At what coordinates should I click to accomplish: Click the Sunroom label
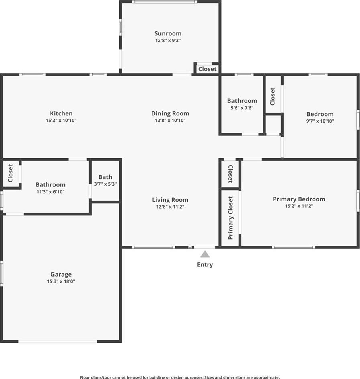click(x=168, y=33)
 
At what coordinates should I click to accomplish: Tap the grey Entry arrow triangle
click(x=205, y=254)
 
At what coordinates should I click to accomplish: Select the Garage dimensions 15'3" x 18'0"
click(x=61, y=281)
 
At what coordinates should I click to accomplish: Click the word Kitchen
click(x=61, y=113)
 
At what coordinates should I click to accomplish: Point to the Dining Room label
click(x=170, y=113)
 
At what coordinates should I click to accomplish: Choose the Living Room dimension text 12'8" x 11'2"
click(x=170, y=207)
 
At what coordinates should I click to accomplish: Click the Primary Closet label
click(x=230, y=217)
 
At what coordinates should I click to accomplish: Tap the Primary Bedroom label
click(x=299, y=199)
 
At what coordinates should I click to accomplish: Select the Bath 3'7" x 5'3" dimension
click(x=105, y=184)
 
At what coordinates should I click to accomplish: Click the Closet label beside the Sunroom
click(x=207, y=69)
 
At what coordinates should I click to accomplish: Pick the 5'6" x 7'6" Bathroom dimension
click(x=242, y=108)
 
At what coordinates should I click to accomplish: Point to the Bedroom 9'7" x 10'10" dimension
click(x=320, y=121)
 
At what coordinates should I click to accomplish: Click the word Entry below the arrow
click(x=205, y=265)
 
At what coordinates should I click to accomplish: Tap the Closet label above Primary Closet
click(x=230, y=174)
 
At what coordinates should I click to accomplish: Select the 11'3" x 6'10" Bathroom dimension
click(x=50, y=192)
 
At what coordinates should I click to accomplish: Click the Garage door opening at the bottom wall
click(x=58, y=342)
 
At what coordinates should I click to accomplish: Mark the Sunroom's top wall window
click(x=165, y=2)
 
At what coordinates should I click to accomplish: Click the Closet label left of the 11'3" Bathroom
click(x=10, y=173)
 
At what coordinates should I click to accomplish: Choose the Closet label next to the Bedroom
click(x=272, y=96)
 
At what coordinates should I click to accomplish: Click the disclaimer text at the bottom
click(x=180, y=377)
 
